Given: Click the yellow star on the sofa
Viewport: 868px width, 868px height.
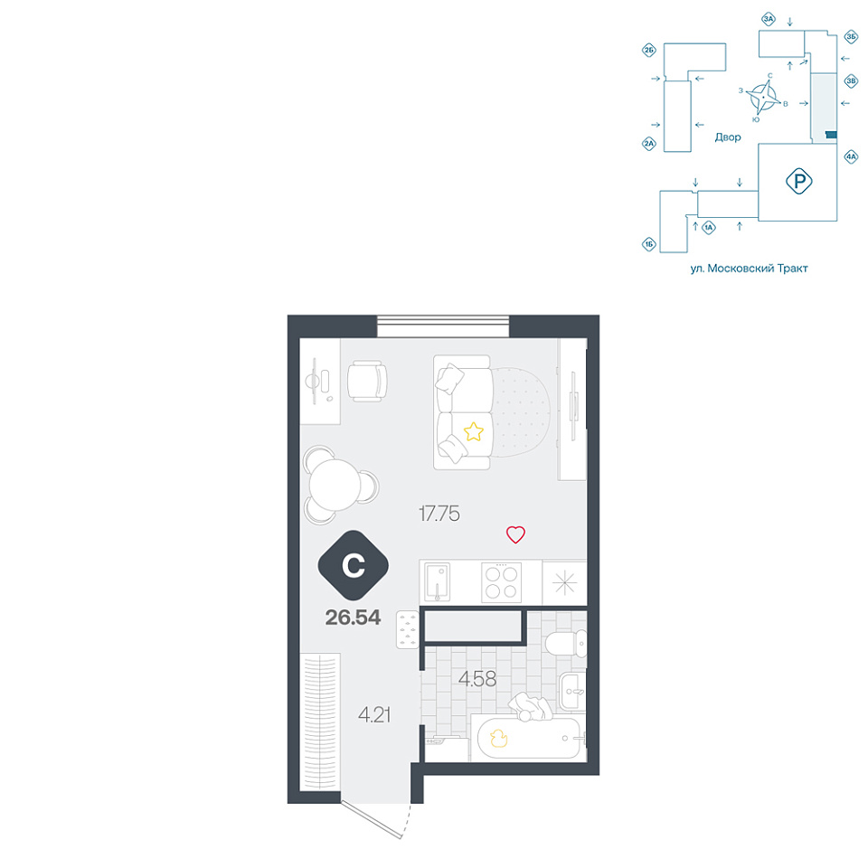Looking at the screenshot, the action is [473, 432].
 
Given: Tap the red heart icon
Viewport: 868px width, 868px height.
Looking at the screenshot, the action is [515, 534].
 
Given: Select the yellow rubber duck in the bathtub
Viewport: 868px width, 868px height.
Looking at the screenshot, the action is [499, 738].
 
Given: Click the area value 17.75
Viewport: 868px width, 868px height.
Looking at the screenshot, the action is [439, 514].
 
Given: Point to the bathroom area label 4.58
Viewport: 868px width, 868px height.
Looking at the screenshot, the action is [477, 679].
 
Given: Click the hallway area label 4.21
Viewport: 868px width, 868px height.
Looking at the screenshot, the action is [374, 714].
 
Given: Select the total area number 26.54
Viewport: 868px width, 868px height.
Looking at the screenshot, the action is [353, 618].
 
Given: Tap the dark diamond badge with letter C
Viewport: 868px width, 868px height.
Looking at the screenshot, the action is [354, 565].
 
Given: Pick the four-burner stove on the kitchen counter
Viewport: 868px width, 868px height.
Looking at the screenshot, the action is [501, 581].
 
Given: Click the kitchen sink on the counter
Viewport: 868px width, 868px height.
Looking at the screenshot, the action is [437, 582].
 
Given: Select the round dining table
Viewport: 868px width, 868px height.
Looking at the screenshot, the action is [335, 486].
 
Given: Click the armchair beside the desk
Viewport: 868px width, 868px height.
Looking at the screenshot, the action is [367, 381].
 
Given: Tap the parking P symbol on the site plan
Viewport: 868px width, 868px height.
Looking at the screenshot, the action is [798, 181].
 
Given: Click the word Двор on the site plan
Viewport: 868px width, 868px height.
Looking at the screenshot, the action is [727, 137].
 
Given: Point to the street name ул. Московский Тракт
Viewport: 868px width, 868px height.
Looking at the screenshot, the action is [749, 269].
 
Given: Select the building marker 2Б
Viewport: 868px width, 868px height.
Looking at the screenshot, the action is [649, 51].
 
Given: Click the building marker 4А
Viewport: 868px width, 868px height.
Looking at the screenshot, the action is [851, 156].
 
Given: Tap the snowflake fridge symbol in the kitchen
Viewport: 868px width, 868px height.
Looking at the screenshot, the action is [564, 582].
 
